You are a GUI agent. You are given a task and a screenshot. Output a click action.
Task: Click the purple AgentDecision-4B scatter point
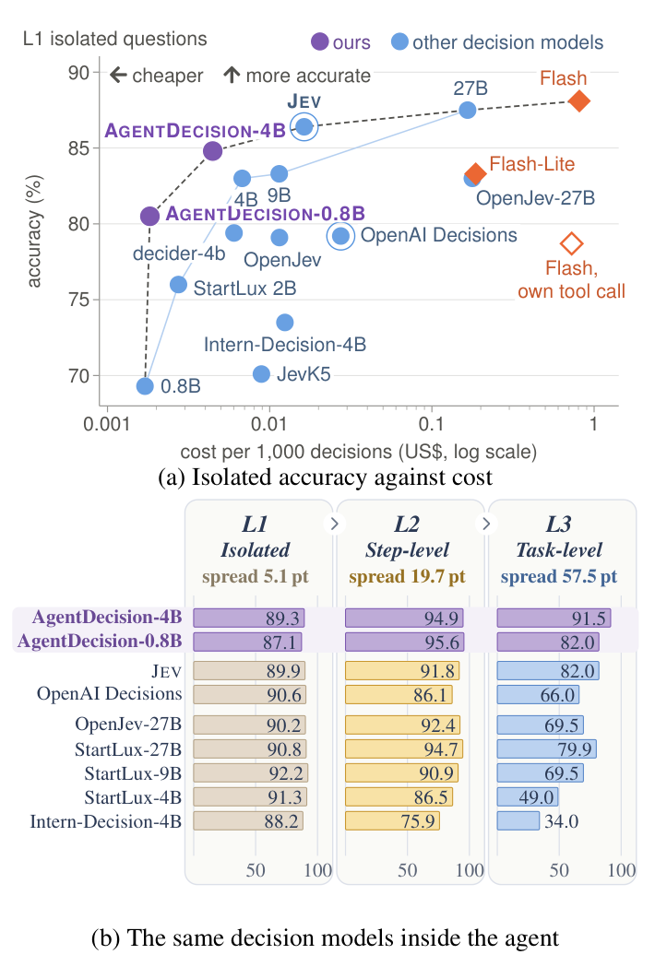[x=213, y=151]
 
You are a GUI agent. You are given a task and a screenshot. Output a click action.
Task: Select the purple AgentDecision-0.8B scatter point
[x=149, y=217]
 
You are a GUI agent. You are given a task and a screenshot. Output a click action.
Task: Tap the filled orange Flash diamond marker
[x=579, y=101]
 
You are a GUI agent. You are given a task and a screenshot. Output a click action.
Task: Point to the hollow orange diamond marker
[x=571, y=244]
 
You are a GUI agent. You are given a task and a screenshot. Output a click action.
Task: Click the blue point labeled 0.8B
[x=145, y=386]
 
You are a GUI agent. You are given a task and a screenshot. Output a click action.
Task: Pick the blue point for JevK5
[x=262, y=374]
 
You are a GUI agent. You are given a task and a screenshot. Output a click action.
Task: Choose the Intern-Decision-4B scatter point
[x=285, y=323]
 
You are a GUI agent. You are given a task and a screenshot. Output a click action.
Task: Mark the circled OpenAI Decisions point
[x=341, y=236]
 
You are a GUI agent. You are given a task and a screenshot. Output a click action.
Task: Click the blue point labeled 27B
[x=467, y=111]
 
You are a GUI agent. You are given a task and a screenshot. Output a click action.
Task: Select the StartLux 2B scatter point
[x=179, y=285]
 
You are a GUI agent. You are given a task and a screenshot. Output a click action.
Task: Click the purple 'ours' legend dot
[x=320, y=41]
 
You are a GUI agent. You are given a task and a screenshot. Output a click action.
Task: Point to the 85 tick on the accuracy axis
[x=78, y=148]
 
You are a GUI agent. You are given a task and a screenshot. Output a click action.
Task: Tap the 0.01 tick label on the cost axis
[x=269, y=425]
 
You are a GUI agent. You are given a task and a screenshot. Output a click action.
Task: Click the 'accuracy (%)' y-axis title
[x=34, y=231]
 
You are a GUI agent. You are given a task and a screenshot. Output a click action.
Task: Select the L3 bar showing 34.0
[x=518, y=820]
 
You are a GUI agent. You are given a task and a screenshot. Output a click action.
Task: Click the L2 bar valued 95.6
[x=404, y=642]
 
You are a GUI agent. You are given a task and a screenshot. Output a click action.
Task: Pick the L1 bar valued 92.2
[x=250, y=772]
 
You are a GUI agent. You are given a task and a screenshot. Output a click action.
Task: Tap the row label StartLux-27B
[x=128, y=749]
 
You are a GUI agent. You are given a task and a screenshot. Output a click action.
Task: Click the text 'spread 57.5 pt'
[x=559, y=576]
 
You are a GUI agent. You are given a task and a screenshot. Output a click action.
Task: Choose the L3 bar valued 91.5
[x=554, y=619]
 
